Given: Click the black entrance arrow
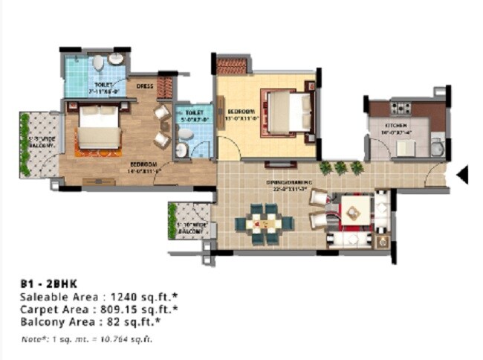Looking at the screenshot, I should (x=462, y=175).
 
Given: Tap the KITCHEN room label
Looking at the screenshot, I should (x=395, y=125).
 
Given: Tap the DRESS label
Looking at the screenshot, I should (x=145, y=86).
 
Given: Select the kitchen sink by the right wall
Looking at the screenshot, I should (x=438, y=148).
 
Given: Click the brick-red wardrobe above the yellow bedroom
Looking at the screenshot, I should (x=232, y=66).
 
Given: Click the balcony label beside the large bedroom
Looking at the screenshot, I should (x=42, y=141).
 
